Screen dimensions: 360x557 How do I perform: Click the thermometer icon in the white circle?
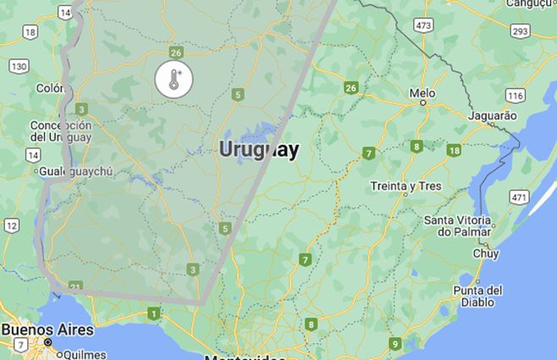coord(174,79)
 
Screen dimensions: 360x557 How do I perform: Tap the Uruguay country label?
coord(258,150)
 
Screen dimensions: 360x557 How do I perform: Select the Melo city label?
coord(422,92)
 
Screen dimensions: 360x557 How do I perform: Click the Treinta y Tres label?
coord(407,186)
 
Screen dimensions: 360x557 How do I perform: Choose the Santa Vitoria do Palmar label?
coord(458,225)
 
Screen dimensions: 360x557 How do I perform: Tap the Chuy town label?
coord(486,252)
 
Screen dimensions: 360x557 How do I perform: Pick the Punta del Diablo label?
coord(477,296)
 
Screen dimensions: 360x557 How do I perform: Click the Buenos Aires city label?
coord(47,329)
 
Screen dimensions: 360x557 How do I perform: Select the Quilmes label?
coord(81,354)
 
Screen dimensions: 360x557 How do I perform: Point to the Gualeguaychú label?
coord(75,171)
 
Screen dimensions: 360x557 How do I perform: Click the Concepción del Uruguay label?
coord(60,131)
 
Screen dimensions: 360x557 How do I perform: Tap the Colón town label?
coord(50,87)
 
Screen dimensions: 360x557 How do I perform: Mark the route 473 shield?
coord(424,26)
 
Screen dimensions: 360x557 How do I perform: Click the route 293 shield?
coord(520,31)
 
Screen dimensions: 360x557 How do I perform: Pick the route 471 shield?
coord(518,197)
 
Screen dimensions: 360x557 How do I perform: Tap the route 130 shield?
coord(19,66)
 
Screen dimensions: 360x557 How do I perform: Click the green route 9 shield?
coord(394,343)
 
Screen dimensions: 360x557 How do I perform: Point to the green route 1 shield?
coord(153,314)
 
